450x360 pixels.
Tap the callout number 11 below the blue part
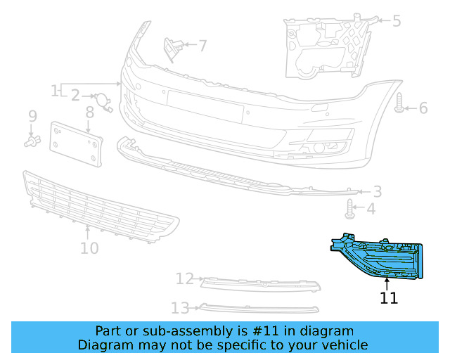389,298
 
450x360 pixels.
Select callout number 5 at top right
397,21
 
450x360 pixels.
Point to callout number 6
423,108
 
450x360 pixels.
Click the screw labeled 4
350,207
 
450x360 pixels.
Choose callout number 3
378,191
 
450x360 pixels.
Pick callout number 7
202,46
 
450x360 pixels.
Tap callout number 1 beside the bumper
54,91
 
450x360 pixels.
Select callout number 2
75,95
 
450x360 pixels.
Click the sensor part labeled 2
103,103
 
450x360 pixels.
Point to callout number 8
90,112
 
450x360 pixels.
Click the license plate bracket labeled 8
76,144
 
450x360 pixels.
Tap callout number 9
32,115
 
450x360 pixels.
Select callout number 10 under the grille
89,248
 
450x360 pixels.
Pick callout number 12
184,279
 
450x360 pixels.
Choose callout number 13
181,307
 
